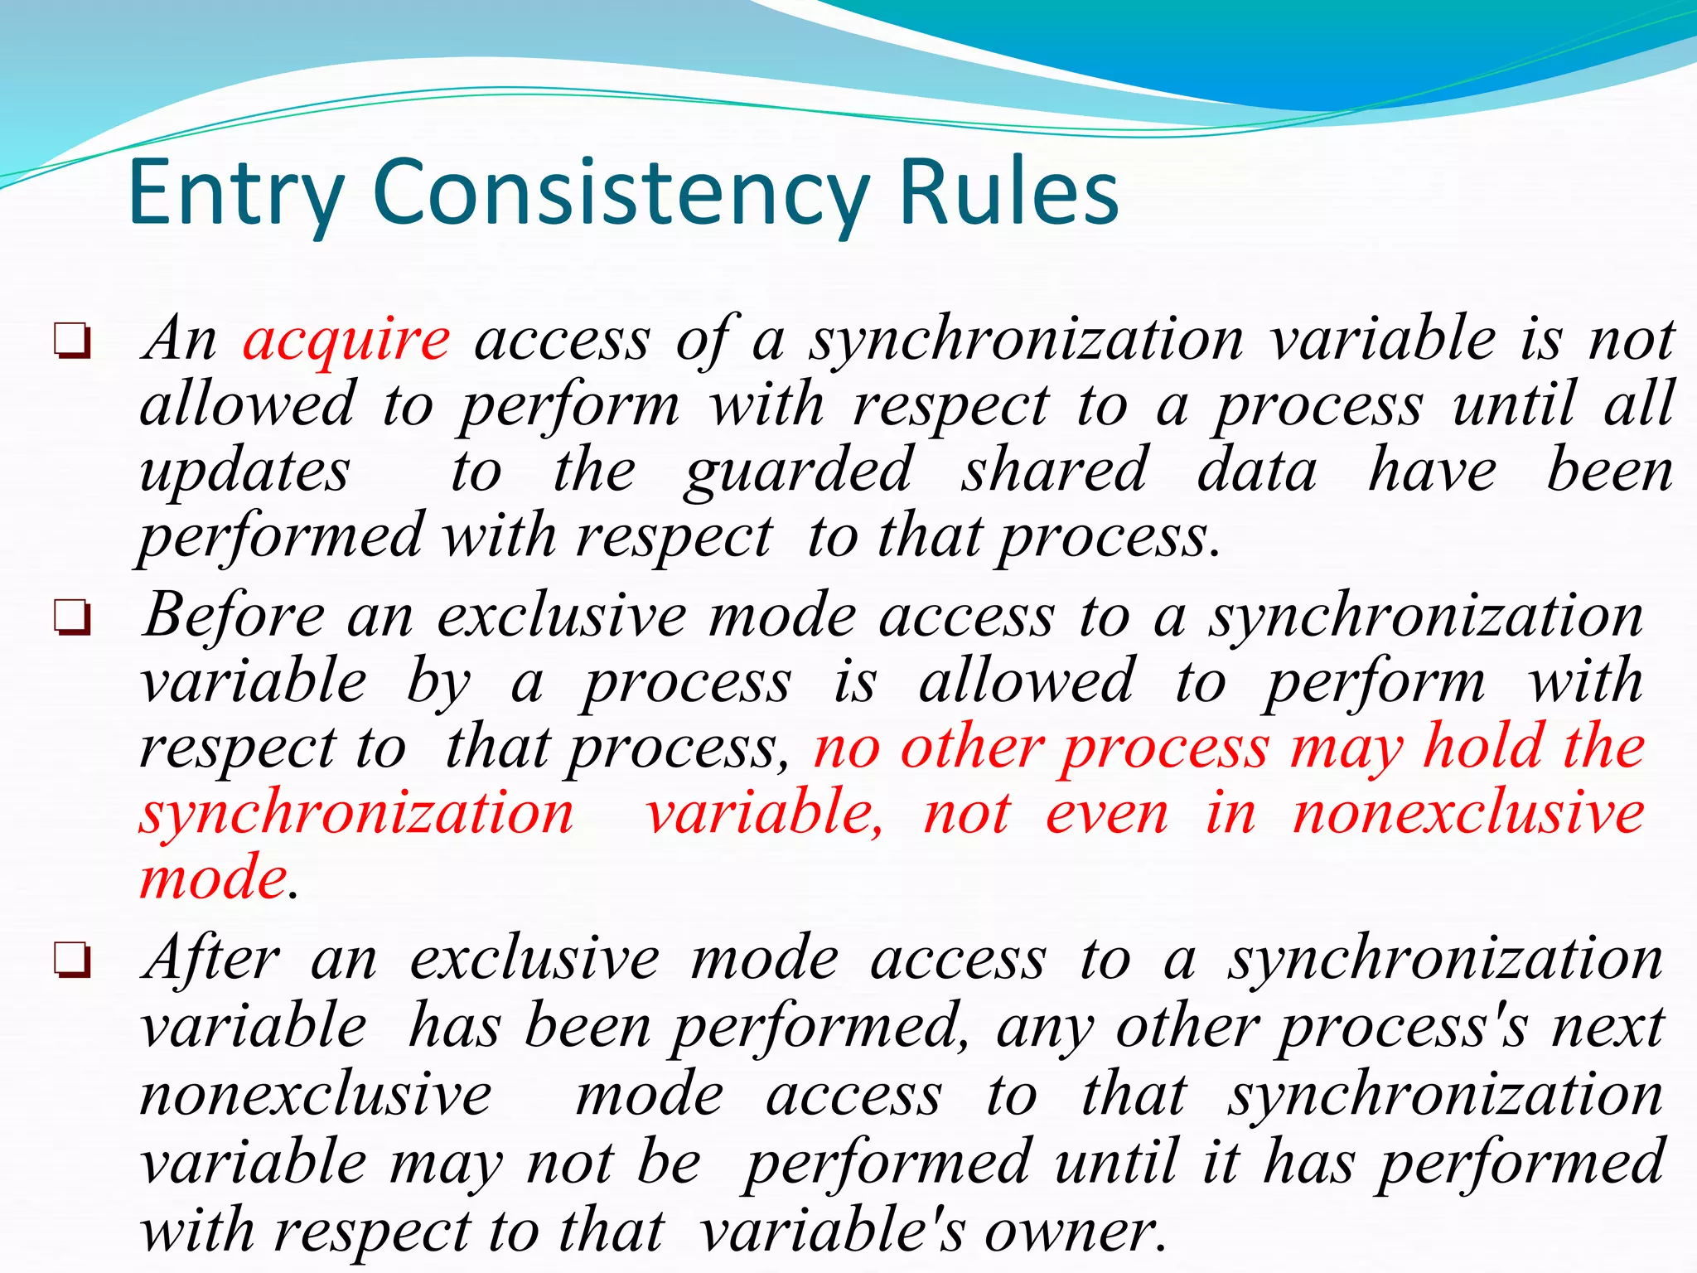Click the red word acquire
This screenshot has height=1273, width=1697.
pyautogui.click(x=346, y=340)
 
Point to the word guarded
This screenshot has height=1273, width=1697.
pyautogui.click(x=800, y=471)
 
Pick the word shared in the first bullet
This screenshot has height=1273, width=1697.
pyautogui.click(x=1055, y=471)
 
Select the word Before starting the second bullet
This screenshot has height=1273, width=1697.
pyautogui.click(x=234, y=617)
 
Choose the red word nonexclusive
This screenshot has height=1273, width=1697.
pyautogui.click(x=1468, y=813)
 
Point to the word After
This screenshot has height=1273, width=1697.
pyautogui.click(x=211, y=960)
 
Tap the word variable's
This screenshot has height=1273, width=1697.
pyautogui.click(x=832, y=1232)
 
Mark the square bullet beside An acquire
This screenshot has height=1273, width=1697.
pyautogui.click(x=72, y=341)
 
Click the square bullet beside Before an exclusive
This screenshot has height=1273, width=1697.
pyautogui.click(x=72, y=617)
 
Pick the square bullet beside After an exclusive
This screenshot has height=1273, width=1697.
pyautogui.click(x=72, y=961)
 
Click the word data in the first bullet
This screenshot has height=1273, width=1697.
pyautogui.click(x=1257, y=471)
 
